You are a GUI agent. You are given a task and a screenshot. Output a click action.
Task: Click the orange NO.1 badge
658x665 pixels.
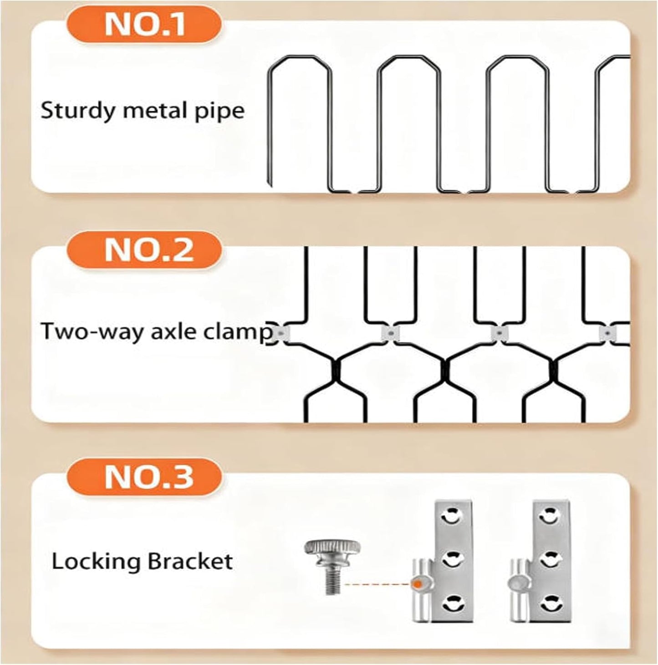coord(143,25)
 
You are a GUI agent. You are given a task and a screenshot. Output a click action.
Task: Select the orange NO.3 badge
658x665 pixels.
coord(143,477)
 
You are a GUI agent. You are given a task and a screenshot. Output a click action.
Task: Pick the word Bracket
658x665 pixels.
coord(190,561)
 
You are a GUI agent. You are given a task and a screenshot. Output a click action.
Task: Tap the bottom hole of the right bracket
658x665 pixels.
coord(549,603)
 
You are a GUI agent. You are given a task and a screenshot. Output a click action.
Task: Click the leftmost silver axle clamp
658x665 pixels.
coord(282,333)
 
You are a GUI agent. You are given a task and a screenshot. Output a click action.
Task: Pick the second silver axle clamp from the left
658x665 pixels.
coord(390,333)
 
